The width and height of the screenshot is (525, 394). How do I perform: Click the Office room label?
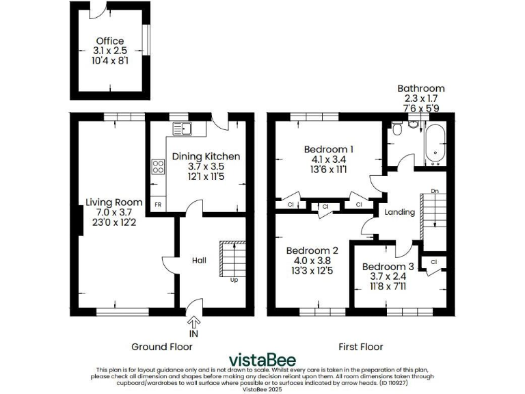(109, 41)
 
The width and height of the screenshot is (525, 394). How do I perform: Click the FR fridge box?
(158, 205)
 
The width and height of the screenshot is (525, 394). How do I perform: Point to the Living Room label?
(113, 202)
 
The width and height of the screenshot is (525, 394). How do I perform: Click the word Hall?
(199, 261)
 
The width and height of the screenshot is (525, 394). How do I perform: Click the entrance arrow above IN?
(194, 321)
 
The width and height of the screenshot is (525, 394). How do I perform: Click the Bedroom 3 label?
(388, 266)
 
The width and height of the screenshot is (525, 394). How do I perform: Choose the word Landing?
(400, 212)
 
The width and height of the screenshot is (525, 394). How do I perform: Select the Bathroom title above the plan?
(421, 88)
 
